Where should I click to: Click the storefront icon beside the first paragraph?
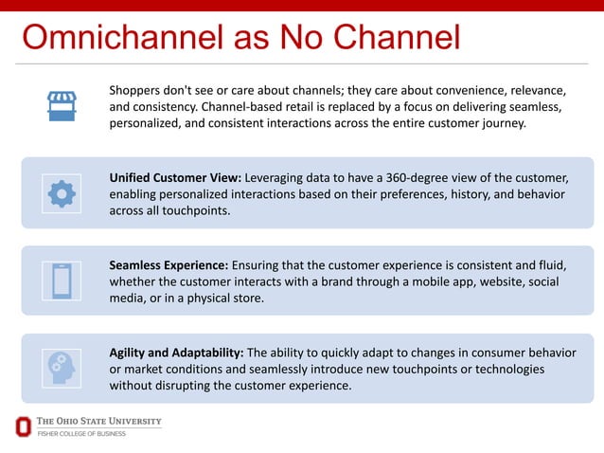62,105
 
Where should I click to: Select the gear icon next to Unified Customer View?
62,193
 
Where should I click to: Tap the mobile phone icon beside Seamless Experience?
62,281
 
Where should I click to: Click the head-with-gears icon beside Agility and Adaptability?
62,368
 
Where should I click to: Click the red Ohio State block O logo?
23,426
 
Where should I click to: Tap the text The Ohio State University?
98,421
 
